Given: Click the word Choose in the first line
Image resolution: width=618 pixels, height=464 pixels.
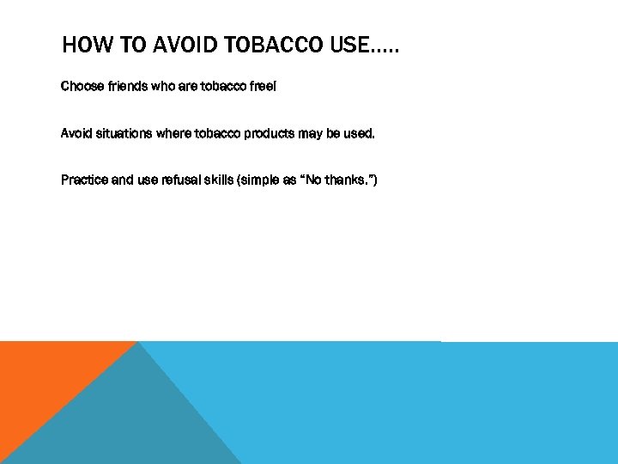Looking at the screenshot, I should (81, 87).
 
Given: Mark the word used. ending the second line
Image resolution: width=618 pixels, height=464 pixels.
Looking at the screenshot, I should (359, 133).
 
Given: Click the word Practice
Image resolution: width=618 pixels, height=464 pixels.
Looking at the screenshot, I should (84, 180).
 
